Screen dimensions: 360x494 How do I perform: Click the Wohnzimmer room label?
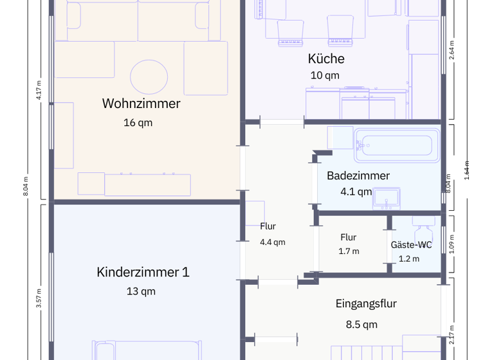point(141,104)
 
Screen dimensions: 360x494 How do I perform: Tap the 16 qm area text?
point(138,123)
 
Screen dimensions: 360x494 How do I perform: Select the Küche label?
point(326,59)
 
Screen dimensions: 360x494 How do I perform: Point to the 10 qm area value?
point(325,76)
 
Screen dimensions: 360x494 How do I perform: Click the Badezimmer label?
point(358,176)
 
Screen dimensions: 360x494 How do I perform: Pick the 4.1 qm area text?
point(356,192)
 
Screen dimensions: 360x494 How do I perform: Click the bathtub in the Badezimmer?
point(396,145)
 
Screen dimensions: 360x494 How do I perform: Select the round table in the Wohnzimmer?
point(149,77)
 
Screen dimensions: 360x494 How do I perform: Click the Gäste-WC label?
point(411,245)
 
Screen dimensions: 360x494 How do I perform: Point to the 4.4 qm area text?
point(272,242)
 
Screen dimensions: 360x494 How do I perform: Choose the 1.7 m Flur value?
point(349,251)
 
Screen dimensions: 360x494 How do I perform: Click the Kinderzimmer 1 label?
point(143,272)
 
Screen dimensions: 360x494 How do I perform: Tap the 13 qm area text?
point(141,292)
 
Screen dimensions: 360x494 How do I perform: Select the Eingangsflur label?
point(366,304)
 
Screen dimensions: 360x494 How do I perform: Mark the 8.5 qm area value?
point(361,325)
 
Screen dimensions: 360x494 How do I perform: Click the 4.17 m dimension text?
point(39,91)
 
